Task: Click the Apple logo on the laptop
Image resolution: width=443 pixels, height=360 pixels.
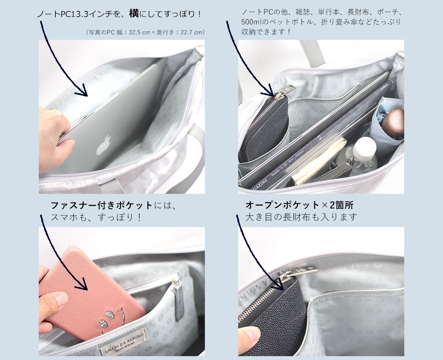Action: coord(104,145)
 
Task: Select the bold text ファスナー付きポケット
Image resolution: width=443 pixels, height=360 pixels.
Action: coord(102,205)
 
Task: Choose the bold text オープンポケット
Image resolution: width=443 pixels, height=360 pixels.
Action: coord(282,205)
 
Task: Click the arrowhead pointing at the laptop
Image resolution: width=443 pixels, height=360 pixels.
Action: coord(82,91)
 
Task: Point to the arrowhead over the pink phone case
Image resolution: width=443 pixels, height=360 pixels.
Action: coord(82,284)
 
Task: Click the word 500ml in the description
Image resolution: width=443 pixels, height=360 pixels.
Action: coord(250,22)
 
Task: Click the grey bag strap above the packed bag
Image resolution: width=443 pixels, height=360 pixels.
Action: coord(312,53)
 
